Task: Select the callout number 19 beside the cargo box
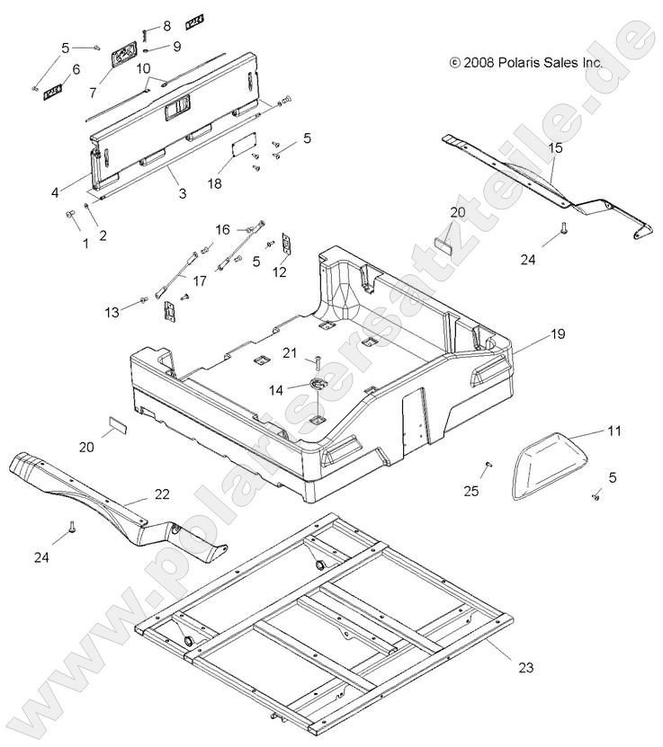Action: tap(558, 333)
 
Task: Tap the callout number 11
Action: tap(614, 431)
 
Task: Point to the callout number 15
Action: tap(555, 146)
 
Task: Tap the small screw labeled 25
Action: tap(488, 465)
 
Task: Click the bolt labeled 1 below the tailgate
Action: tap(69, 215)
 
